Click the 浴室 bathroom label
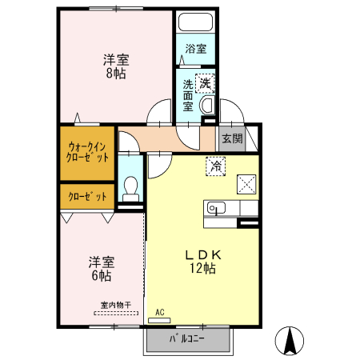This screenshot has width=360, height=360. tap(196, 49)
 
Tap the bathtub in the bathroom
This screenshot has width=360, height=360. tap(196, 23)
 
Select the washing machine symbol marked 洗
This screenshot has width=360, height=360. tap(206, 82)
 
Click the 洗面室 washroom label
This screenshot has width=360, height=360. tap(188, 94)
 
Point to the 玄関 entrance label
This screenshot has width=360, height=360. tap(232, 138)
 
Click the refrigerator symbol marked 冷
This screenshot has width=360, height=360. tap(216, 166)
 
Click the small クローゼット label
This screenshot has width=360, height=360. tap(86, 196)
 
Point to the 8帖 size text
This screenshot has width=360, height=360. tap(116, 74)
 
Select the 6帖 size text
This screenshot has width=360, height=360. tap(100, 275)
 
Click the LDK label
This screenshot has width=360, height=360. tap(202, 254)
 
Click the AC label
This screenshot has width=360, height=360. tap(159, 311)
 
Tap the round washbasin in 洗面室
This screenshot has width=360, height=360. tap(206, 105)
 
